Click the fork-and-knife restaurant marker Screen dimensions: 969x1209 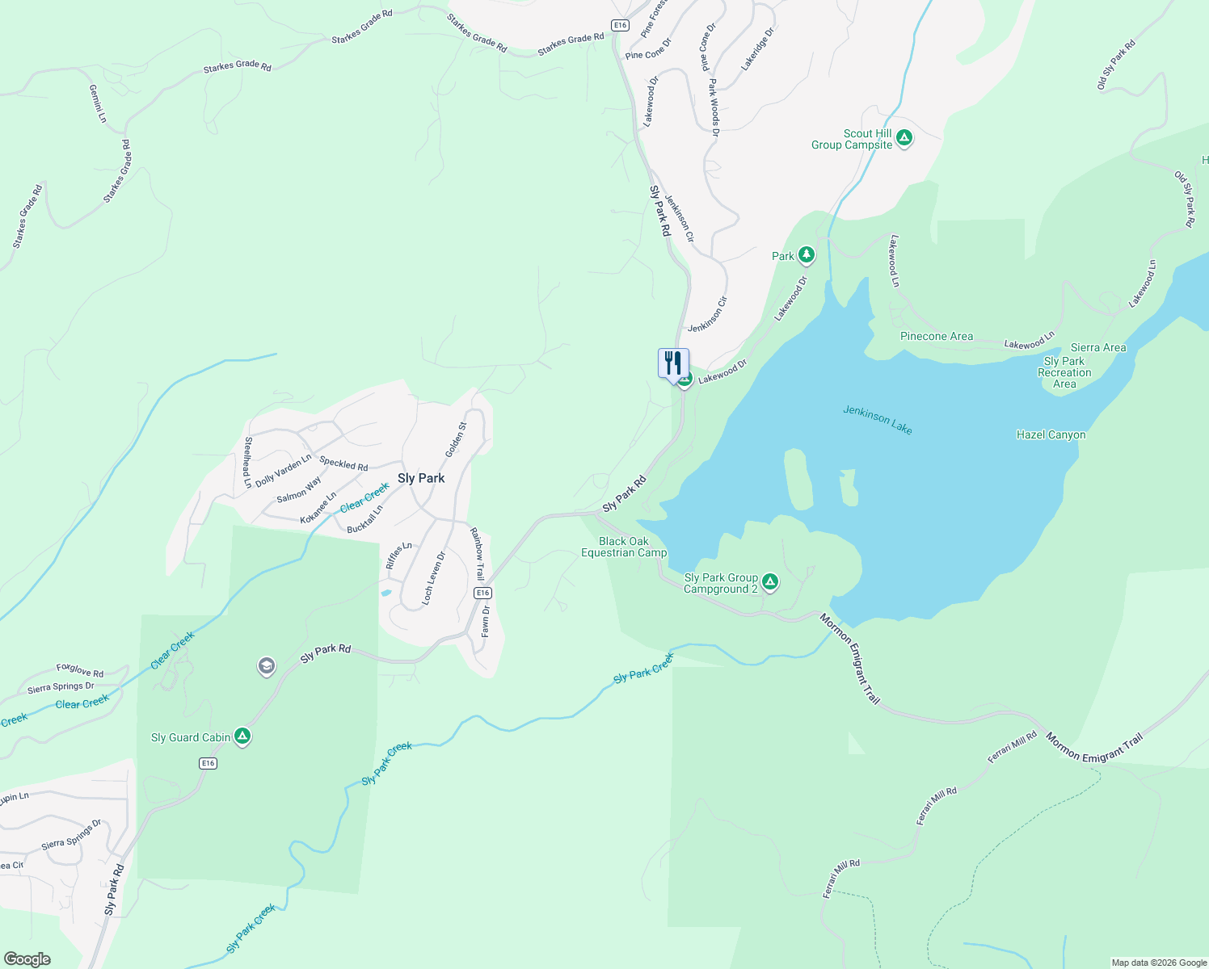coord(673,364)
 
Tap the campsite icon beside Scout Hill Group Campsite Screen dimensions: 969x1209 coord(904,138)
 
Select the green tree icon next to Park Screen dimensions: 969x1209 coord(806,255)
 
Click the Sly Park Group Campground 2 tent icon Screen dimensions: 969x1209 coord(770,582)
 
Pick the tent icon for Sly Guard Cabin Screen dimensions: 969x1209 coord(242,736)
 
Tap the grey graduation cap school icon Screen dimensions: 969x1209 coord(266,666)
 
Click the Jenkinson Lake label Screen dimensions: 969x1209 coord(877,420)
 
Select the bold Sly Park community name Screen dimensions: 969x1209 coord(421,478)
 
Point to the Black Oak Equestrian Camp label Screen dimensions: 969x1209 coord(624,547)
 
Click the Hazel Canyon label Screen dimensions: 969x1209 coord(1051,434)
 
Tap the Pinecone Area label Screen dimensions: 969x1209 coord(937,336)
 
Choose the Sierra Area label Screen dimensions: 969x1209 coord(1097,347)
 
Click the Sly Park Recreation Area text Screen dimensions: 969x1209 coord(1064,372)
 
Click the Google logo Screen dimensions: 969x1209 coord(27,959)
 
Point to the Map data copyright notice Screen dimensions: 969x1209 coord(1158,963)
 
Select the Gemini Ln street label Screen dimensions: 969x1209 coord(97,103)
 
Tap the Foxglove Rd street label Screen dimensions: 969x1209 coord(80,670)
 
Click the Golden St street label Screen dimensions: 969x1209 coord(456,439)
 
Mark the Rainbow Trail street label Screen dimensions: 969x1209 coord(477,554)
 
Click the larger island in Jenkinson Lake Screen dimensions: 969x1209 coord(798,480)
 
